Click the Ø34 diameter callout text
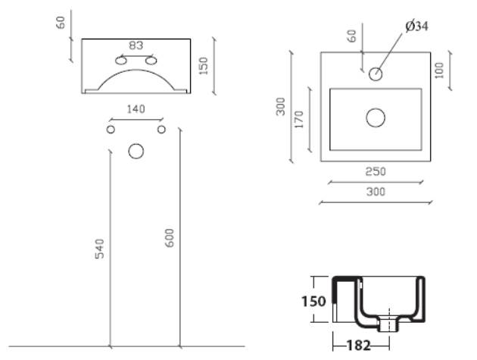tap(416, 27)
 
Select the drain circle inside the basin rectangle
tap(376, 118)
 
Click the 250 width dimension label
tap(376, 171)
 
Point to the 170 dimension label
tap(299, 120)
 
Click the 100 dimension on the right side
tap(439, 70)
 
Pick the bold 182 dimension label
tap(359, 346)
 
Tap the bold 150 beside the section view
tap(313, 302)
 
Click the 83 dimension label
tap(136, 45)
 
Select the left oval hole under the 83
tap(121, 61)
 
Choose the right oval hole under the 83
tap(151, 61)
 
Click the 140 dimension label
tap(136, 109)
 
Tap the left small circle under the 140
tap(111, 130)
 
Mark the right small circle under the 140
tap(161, 130)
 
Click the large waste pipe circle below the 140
tap(136, 152)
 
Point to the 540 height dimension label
tap(99, 249)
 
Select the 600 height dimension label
tap(169, 238)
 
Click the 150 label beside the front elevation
tap(203, 66)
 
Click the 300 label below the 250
tap(376, 192)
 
